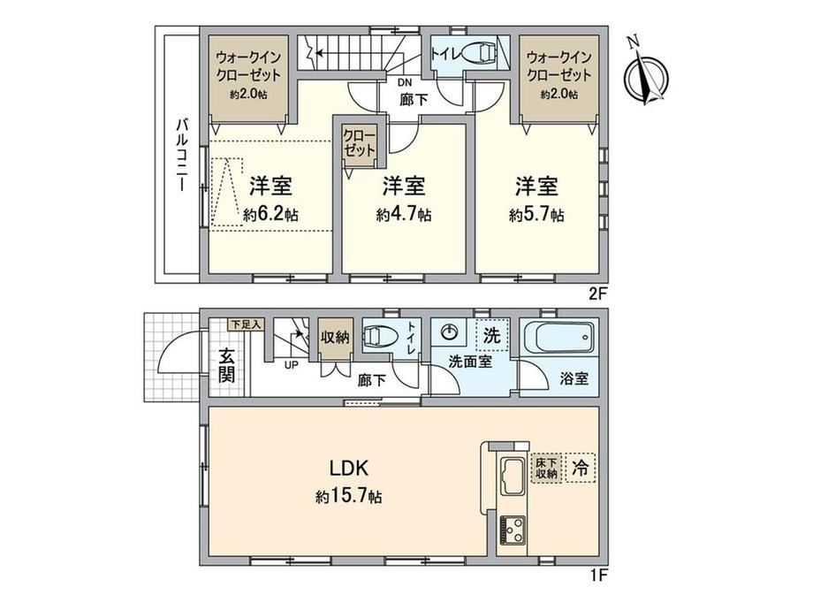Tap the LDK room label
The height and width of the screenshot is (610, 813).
click(x=349, y=469)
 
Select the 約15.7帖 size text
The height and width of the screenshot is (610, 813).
click(x=349, y=497)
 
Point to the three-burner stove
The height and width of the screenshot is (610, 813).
click(x=513, y=530)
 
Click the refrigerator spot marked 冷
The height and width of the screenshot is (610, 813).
click(x=580, y=468)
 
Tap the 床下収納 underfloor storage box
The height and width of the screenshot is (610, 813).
click(x=546, y=468)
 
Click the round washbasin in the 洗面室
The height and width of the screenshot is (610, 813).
click(x=449, y=332)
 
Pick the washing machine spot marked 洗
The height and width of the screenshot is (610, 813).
click(x=491, y=335)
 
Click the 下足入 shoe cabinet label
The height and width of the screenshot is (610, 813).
click(x=247, y=324)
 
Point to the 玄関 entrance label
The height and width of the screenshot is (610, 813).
click(x=226, y=366)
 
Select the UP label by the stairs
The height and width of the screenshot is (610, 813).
click(x=291, y=364)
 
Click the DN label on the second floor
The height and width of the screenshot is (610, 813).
click(x=405, y=82)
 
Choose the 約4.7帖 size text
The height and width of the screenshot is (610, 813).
click(x=404, y=214)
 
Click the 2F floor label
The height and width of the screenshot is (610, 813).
click(x=597, y=294)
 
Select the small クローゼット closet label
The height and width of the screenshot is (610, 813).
click(x=360, y=143)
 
